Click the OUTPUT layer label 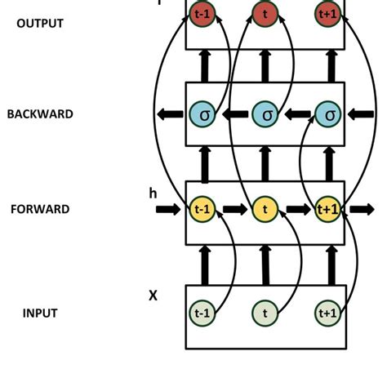click(39, 24)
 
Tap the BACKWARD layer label click(40, 114)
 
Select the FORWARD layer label click(40, 209)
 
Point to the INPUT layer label click(40, 313)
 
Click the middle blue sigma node click(265, 115)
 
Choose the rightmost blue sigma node click(328, 115)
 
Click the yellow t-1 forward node click(201, 210)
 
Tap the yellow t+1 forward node click(327, 210)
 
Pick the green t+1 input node click(327, 313)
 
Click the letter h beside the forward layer click(153, 193)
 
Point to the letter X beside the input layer click(153, 296)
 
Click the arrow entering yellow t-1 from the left click(169, 210)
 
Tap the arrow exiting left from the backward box click(170, 115)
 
